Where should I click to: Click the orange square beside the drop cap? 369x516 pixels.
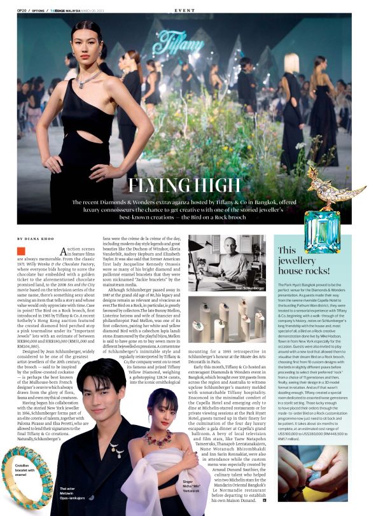pyautogui.click(x=21, y=251)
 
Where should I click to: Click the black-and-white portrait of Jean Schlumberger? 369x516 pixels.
pyautogui.click(x=226, y=263)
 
